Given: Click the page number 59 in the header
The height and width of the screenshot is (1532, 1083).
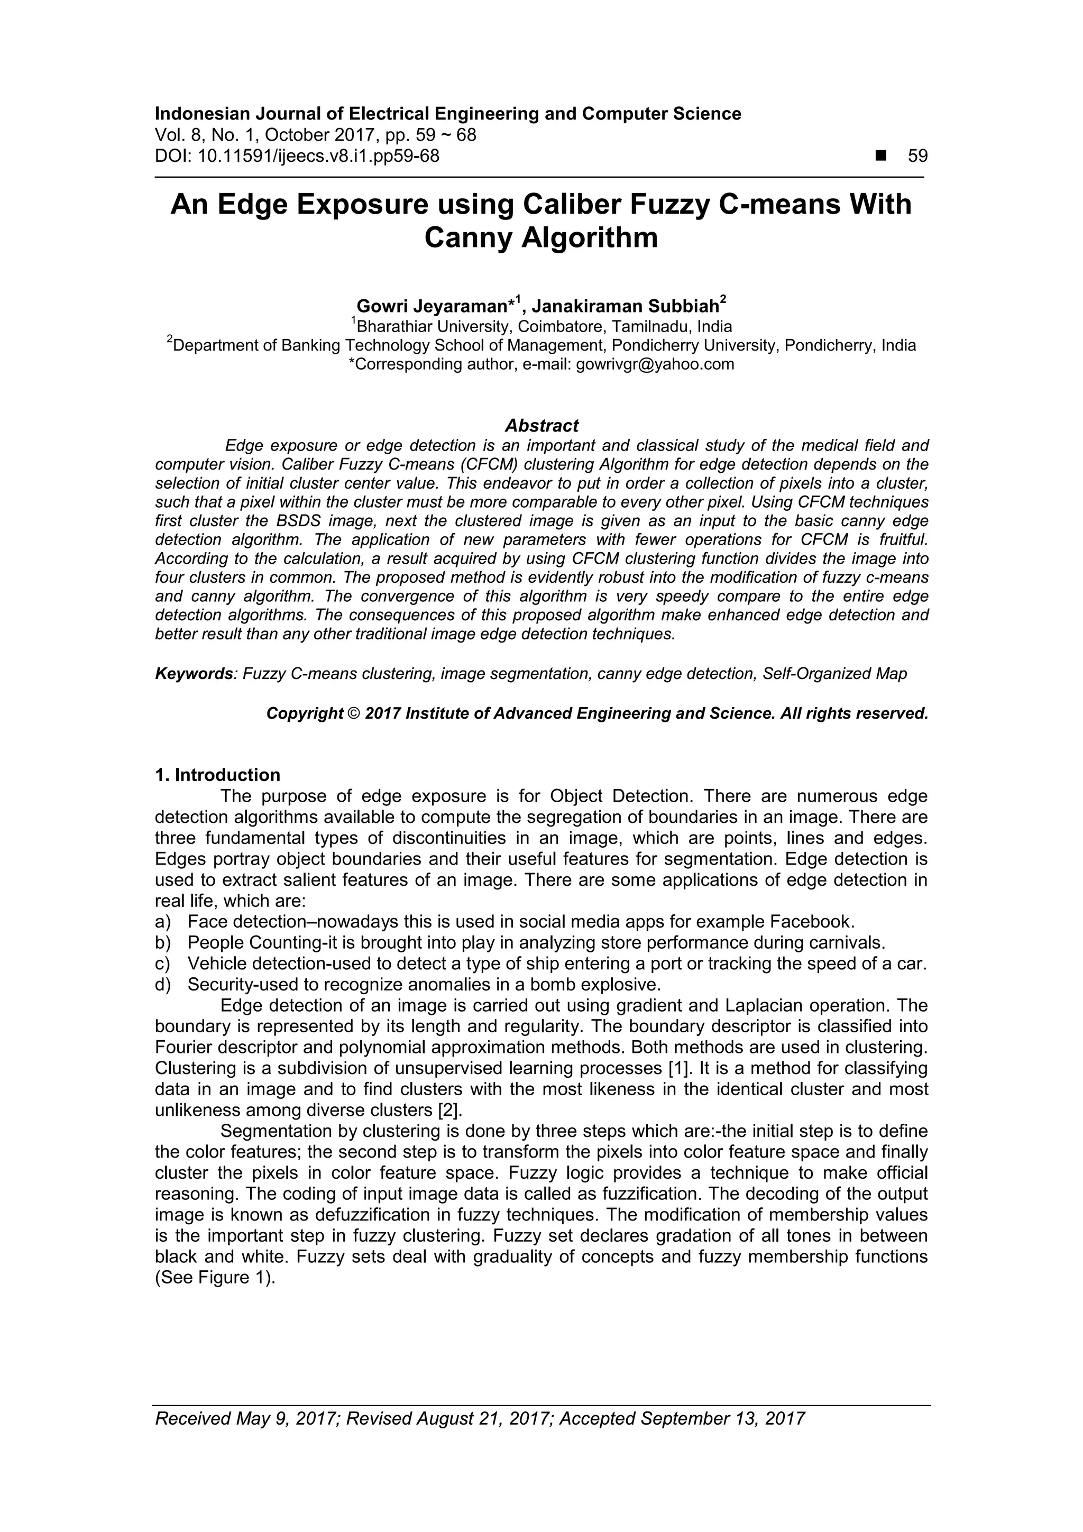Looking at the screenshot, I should (917, 156).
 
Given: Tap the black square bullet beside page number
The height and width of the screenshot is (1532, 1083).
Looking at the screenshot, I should (882, 156).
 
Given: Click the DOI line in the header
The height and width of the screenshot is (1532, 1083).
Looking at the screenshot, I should (297, 156).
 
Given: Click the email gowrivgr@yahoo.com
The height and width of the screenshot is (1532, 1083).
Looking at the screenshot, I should (654, 364).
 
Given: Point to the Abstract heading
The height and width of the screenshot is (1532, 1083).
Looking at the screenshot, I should (541, 425).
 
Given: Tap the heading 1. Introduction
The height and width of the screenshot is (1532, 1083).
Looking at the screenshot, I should (217, 775).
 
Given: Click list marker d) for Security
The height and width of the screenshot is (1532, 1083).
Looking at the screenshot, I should (162, 984).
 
